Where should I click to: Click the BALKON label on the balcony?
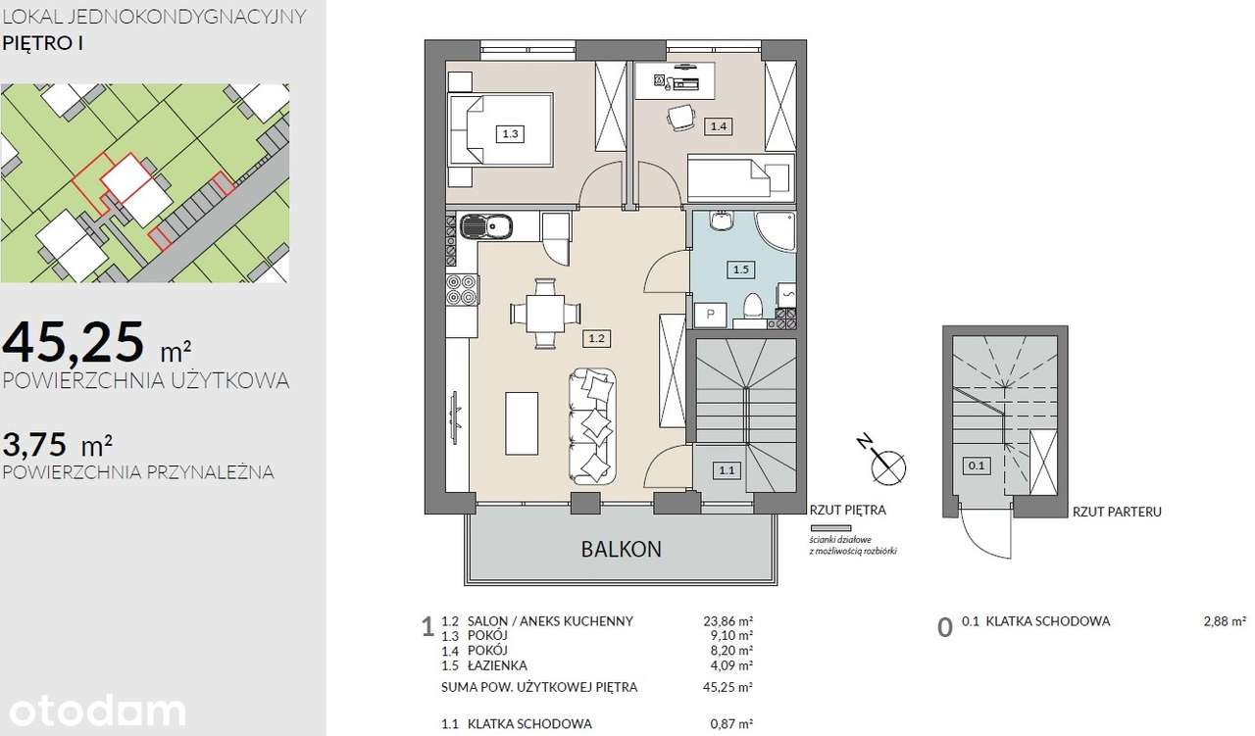tap(621, 549)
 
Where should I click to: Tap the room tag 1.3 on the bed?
tap(510, 134)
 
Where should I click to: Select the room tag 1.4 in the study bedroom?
tap(719, 126)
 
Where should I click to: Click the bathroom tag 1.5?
tap(740, 270)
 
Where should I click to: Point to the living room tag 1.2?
tap(596, 338)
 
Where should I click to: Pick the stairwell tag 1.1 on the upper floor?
tap(727, 470)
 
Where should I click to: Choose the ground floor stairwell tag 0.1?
tap(977, 466)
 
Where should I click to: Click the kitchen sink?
tap(486, 227)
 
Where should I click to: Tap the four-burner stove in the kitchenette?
tap(462, 289)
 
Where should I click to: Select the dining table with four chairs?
tap(545, 314)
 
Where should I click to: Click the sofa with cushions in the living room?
tap(593, 426)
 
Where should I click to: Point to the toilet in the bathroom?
tap(752, 309)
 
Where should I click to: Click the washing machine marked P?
tap(711, 315)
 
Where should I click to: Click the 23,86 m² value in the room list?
tap(728, 620)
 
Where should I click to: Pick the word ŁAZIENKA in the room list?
tap(497, 665)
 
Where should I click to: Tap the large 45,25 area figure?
tap(73, 342)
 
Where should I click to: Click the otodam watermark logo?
tap(97, 711)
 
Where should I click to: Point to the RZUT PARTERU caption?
tap(1117, 512)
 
